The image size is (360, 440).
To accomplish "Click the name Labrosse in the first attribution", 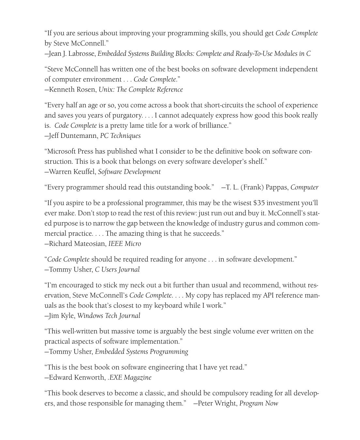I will point(82,54).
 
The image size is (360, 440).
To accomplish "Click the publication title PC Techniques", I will point(120,136).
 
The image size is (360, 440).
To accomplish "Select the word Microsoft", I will point(61,152).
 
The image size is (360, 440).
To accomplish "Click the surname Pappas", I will point(277,187).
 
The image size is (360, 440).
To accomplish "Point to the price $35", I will point(259,203).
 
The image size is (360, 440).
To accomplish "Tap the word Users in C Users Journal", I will point(111,270).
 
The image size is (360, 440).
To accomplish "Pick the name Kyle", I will point(68,316).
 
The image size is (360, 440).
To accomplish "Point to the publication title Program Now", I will point(259,403).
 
